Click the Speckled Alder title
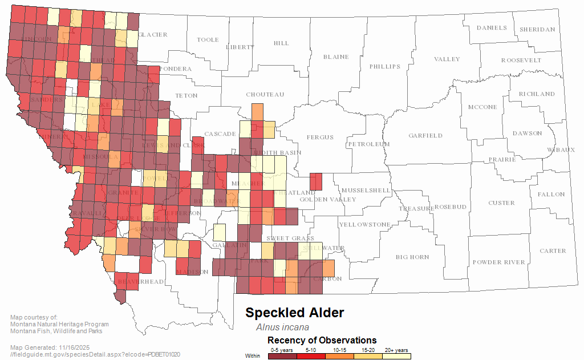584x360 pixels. pyautogui.click(x=294, y=313)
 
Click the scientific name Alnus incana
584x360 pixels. pyautogui.click(x=282, y=327)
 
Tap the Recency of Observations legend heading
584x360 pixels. pyautogui.click(x=322, y=341)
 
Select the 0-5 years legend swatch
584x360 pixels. pyautogui.click(x=282, y=356)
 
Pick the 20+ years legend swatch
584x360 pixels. pyautogui.click(x=396, y=356)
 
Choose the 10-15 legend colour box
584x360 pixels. pyautogui.click(x=339, y=356)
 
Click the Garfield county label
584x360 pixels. pyautogui.click(x=425, y=136)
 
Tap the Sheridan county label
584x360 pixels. pyautogui.click(x=537, y=30)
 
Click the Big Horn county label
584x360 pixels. pyautogui.click(x=412, y=257)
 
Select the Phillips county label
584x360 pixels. pyautogui.click(x=385, y=67)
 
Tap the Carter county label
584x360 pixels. pyautogui.click(x=553, y=251)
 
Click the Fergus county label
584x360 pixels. pyautogui.click(x=319, y=137)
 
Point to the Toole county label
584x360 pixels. pyautogui.click(x=208, y=40)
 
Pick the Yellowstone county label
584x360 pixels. pyautogui.click(x=365, y=225)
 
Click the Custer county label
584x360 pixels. pyautogui.click(x=501, y=203)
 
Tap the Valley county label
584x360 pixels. pyautogui.click(x=447, y=59)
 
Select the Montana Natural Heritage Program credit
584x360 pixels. pyautogui.click(x=59, y=325)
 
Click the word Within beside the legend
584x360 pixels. pyautogui.click(x=253, y=356)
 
